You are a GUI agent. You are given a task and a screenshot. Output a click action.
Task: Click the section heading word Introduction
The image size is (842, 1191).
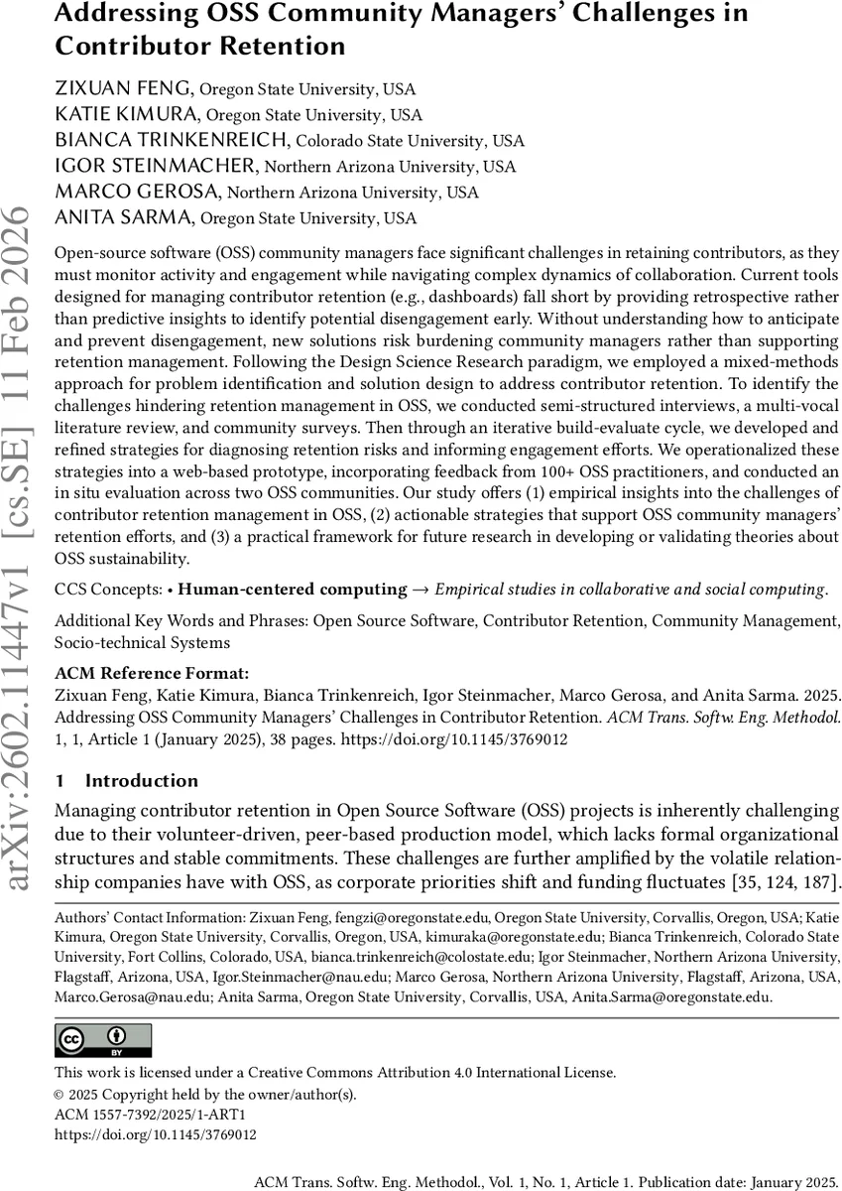click(142, 781)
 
